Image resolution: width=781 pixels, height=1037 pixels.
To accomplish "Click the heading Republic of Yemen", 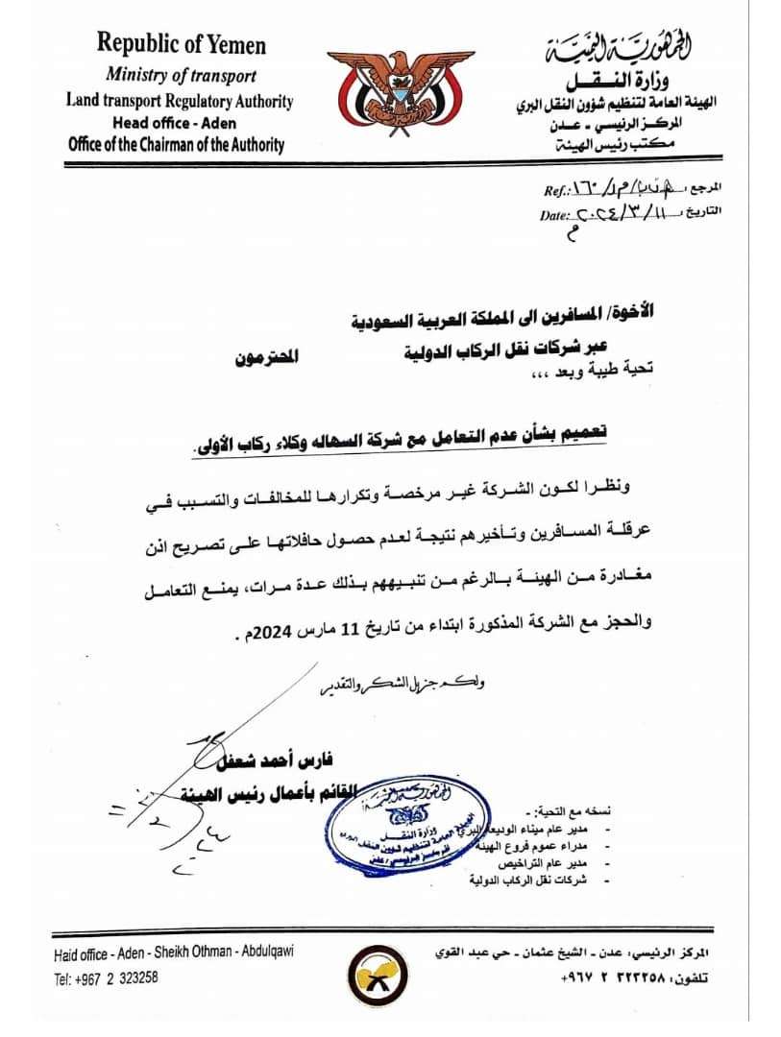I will [181, 44].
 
